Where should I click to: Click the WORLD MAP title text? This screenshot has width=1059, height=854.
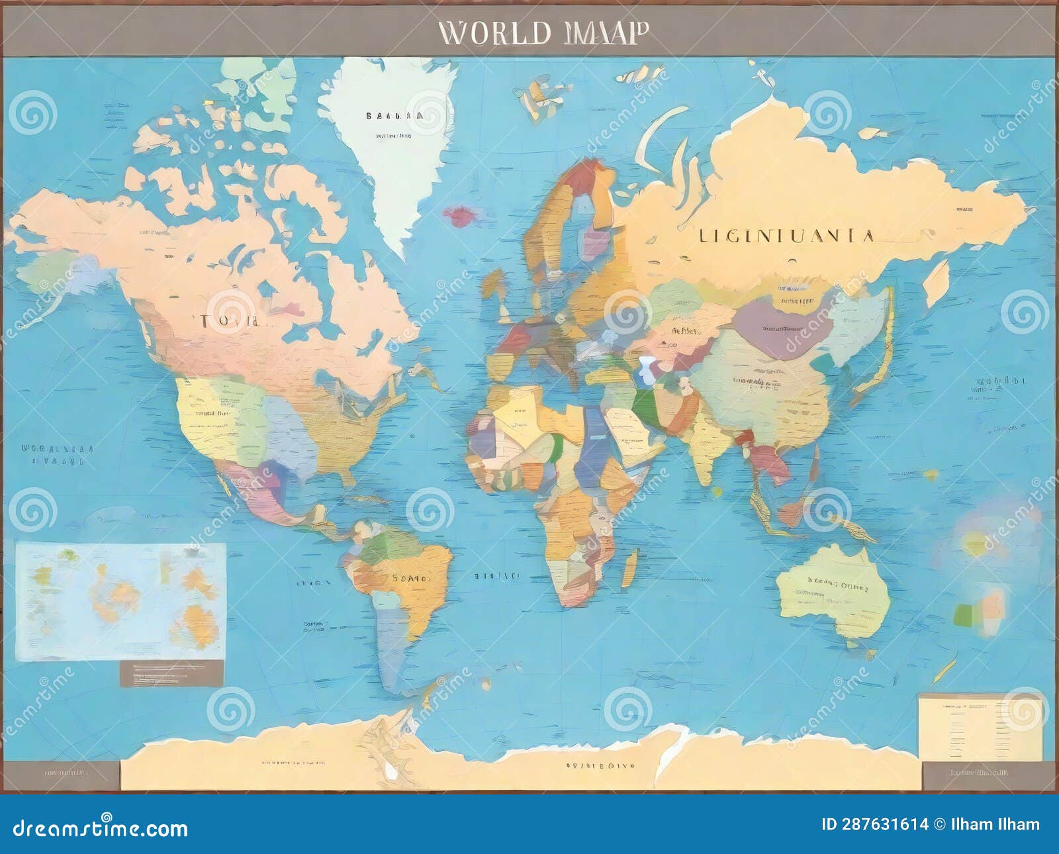[543, 32]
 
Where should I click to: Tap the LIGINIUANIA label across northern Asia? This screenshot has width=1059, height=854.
[787, 236]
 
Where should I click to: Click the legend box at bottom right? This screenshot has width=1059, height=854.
[980, 727]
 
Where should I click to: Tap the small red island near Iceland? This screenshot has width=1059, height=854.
[459, 214]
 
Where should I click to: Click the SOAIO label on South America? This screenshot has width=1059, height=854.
[409, 578]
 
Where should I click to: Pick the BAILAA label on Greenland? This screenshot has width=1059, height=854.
[394, 116]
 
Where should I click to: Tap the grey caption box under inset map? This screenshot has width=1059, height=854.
[171, 673]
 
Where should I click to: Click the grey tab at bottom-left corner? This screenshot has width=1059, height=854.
[61, 774]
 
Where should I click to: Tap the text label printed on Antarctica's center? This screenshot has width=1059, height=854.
[599, 765]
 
